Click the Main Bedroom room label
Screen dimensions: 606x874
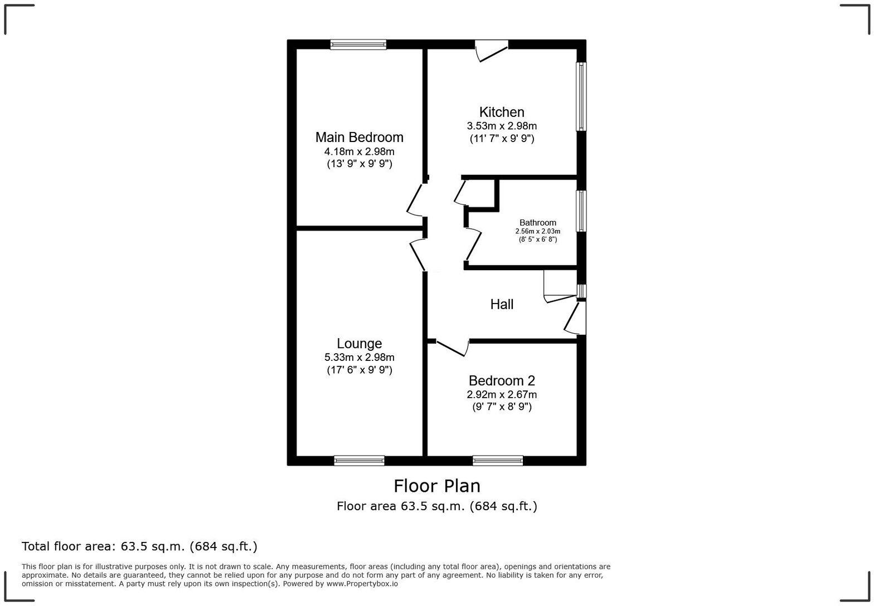(359, 137)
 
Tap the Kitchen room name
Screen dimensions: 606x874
(502, 112)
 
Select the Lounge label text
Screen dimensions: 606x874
(359, 344)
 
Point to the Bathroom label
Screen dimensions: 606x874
(537, 223)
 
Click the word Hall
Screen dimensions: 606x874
(502, 304)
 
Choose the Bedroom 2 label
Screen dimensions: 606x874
(502, 381)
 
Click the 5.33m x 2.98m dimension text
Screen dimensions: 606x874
(359, 358)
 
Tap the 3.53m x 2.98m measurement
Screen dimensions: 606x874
(502, 126)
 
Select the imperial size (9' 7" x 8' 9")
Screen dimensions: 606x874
(502, 407)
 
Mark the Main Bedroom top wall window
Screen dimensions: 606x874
(358, 45)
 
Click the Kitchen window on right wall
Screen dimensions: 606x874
(581, 96)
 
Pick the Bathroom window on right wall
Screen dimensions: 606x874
(581, 211)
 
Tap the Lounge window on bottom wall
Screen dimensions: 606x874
(359, 460)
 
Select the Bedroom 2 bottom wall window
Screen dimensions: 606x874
(498, 460)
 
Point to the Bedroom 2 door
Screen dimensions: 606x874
(451, 348)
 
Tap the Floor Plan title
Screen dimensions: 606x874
(437, 486)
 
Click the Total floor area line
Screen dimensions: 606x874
(139, 546)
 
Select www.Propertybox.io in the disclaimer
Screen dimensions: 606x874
(362, 584)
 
